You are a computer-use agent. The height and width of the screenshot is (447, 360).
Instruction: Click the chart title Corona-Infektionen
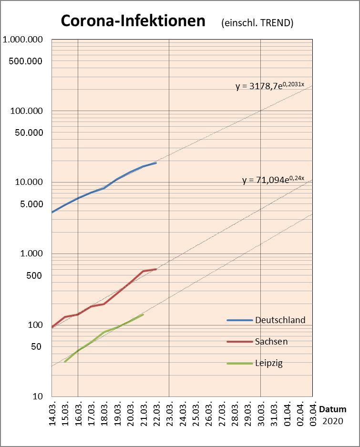pos(133,21)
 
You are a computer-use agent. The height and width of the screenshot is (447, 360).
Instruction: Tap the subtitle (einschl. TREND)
pos(257,23)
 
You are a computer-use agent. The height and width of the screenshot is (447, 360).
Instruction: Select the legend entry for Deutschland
pos(280,320)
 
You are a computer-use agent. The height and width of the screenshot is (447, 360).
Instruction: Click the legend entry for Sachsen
pos(271,341)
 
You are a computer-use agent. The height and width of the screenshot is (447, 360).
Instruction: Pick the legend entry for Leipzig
pos(269,363)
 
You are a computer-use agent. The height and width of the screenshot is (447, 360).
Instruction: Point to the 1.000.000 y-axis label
pos(22,40)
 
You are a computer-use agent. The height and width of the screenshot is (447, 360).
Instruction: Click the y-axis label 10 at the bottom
pos(38,396)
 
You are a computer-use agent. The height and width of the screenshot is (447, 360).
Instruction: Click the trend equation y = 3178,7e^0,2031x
pos(270,86)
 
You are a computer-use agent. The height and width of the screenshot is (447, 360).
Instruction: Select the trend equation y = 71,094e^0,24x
pos(273,180)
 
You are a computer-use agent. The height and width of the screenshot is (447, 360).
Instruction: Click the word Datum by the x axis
pos(333,409)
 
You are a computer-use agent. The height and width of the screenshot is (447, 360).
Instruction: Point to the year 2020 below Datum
pos(333,421)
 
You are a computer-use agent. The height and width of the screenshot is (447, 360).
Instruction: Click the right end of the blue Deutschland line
pos(156,163)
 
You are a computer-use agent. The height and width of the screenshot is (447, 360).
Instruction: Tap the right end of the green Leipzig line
pos(143,315)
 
